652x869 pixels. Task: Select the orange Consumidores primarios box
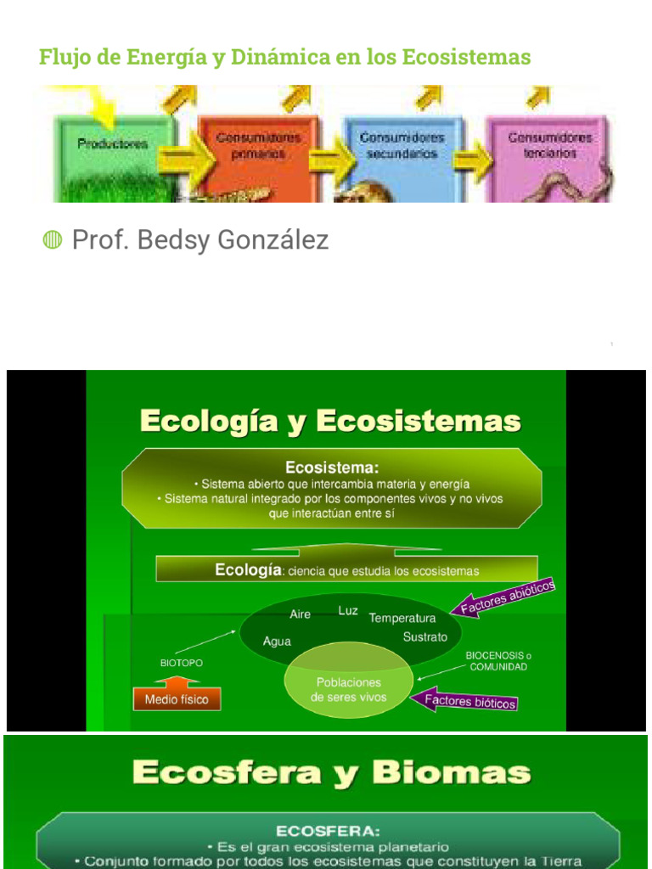(x=258, y=153)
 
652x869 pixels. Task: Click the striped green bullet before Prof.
(x=53, y=241)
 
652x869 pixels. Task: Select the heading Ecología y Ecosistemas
(x=330, y=421)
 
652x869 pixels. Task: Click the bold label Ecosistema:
(x=332, y=467)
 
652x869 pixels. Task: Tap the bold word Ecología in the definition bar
(x=248, y=570)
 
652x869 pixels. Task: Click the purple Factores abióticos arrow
(x=505, y=597)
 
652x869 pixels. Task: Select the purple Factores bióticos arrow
(x=465, y=701)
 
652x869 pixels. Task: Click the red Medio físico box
(x=177, y=700)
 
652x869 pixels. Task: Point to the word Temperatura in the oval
(x=402, y=619)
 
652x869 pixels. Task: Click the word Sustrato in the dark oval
(x=424, y=636)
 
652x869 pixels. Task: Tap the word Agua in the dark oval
(x=277, y=642)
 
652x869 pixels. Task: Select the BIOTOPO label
(x=182, y=663)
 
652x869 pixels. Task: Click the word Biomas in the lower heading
(x=451, y=773)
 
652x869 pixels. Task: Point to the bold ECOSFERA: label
(x=328, y=831)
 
